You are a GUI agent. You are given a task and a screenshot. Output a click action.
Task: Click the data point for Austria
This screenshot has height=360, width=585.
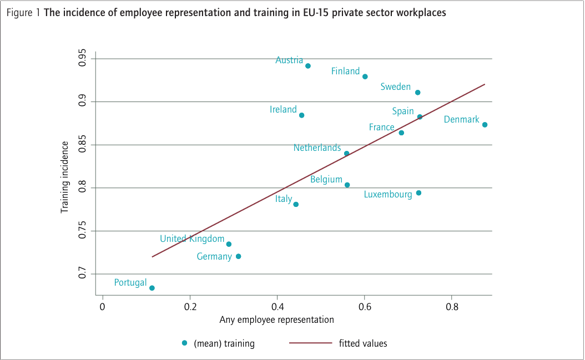(x=308, y=66)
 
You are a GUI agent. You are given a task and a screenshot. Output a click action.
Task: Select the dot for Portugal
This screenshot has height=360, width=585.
(x=152, y=288)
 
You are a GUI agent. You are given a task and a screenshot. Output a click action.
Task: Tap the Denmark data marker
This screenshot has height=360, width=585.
(x=485, y=125)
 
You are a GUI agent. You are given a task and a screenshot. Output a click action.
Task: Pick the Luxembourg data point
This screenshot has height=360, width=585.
(x=418, y=193)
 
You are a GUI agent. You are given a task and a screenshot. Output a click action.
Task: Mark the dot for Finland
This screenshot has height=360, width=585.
(x=365, y=77)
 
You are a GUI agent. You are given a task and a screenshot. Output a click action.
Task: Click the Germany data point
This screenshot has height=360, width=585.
(x=239, y=256)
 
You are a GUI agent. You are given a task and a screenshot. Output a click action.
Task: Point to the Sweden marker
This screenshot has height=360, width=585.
(x=418, y=93)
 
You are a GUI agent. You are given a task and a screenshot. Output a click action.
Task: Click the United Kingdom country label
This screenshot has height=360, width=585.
(x=191, y=239)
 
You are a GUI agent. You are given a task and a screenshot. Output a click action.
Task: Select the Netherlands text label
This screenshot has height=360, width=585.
(x=317, y=148)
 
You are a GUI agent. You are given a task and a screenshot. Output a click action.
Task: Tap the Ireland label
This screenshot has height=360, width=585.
(x=283, y=110)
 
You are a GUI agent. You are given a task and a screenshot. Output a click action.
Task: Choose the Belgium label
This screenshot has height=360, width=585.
(x=326, y=180)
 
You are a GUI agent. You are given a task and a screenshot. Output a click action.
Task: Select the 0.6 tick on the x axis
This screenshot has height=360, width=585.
(x=364, y=307)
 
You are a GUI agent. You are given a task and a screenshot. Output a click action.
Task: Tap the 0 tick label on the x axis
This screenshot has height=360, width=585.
(x=103, y=307)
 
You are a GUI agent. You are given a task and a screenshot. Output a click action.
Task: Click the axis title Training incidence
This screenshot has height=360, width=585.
(x=64, y=178)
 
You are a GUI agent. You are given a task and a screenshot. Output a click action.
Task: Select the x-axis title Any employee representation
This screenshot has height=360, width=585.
(x=276, y=320)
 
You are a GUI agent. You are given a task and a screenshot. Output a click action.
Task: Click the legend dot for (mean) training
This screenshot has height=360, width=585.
(x=185, y=343)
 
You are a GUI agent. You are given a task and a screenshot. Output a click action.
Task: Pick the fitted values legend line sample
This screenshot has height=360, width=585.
(x=310, y=343)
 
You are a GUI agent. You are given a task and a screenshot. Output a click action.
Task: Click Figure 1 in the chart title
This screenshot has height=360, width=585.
(x=23, y=13)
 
